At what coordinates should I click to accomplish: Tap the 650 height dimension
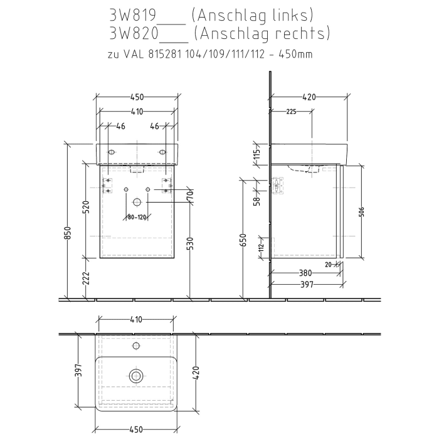click(x=244, y=240)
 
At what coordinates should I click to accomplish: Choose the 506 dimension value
click(x=362, y=211)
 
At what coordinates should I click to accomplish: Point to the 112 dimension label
click(x=262, y=248)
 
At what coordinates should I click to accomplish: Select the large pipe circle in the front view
click(x=137, y=203)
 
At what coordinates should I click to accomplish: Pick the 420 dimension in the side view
click(x=309, y=97)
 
